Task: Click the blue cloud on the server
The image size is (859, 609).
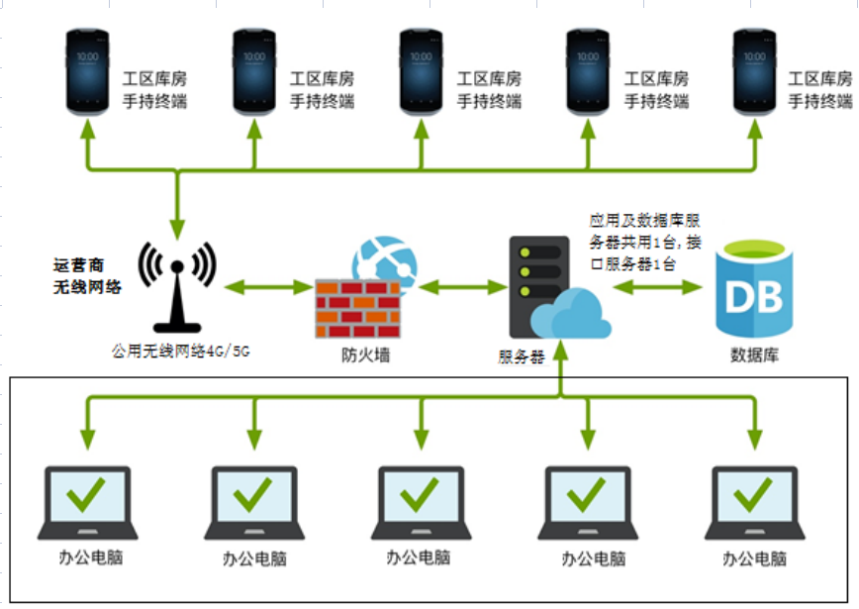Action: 569,314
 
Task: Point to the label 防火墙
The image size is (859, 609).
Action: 358,354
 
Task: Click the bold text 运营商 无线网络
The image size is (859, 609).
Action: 86,276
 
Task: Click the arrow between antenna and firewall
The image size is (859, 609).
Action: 268,287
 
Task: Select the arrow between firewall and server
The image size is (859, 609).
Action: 462,287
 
